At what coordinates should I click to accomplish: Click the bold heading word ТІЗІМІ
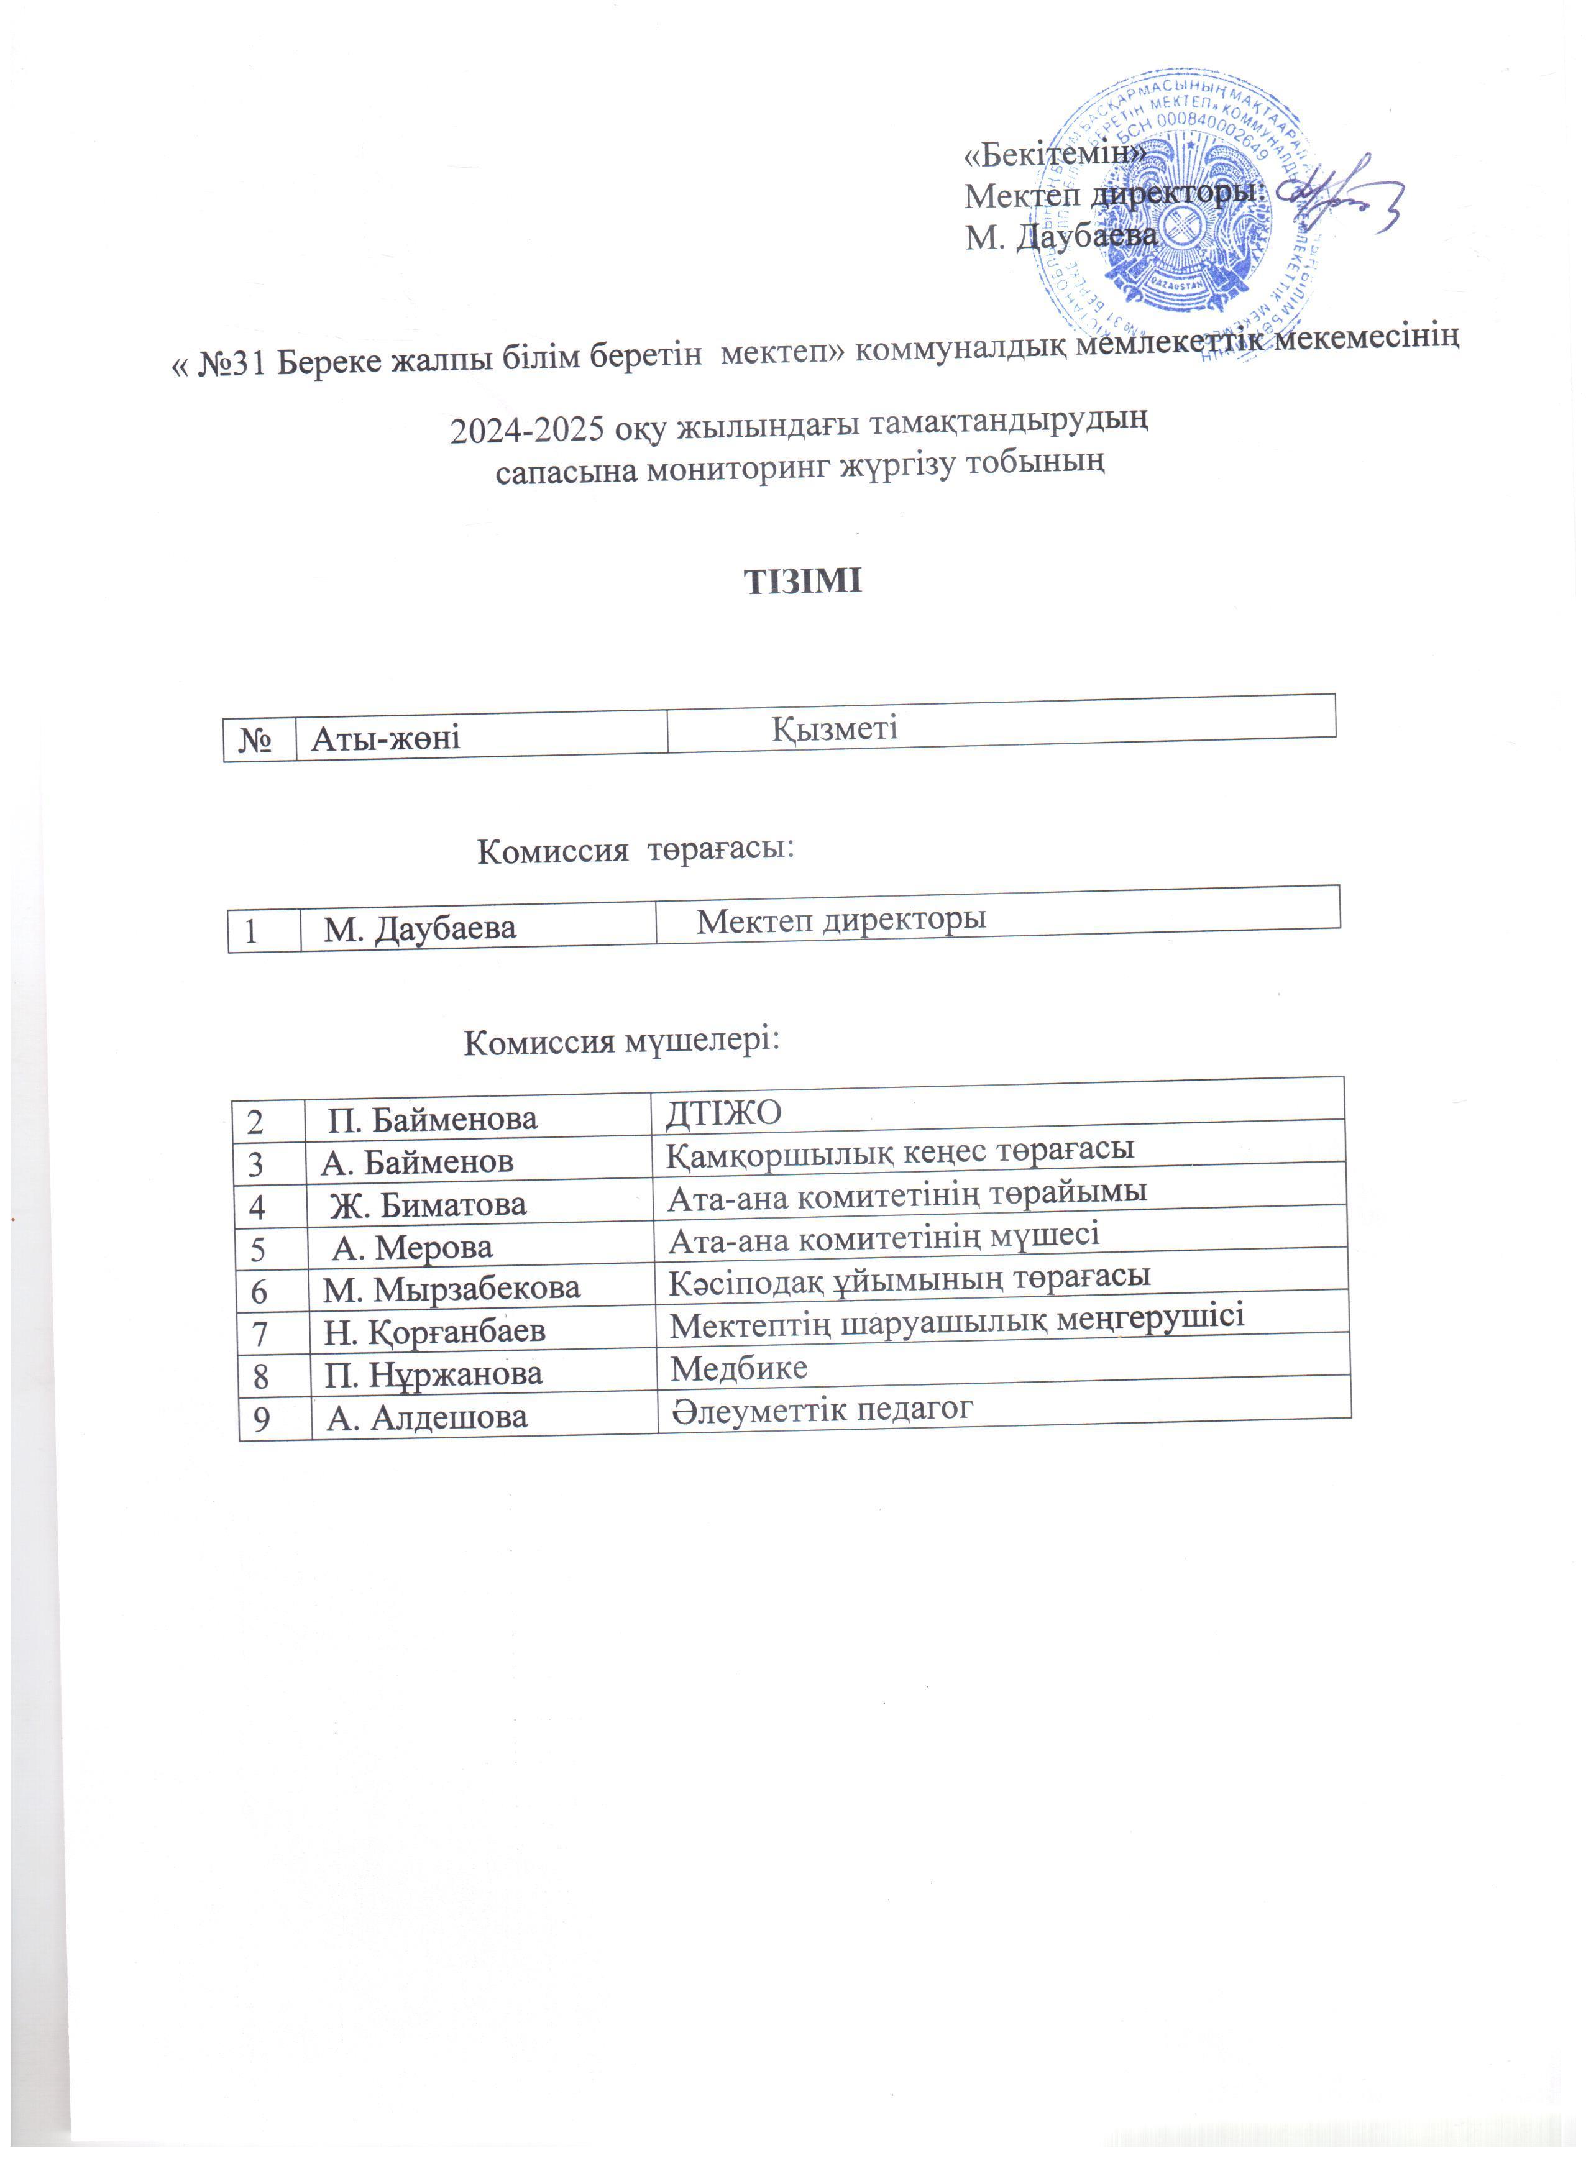click(x=803, y=581)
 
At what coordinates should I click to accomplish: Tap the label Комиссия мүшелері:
click(x=621, y=1041)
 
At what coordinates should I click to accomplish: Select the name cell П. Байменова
click(x=432, y=1118)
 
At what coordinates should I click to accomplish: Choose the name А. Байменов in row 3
click(x=418, y=1162)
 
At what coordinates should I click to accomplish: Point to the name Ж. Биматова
click(x=428, y=1204)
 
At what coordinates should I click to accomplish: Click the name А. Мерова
click(x=413, y=1247)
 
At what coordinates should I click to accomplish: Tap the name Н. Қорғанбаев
click(x=435, y=1331)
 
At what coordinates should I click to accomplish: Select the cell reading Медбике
click(x=739, y=1368)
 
